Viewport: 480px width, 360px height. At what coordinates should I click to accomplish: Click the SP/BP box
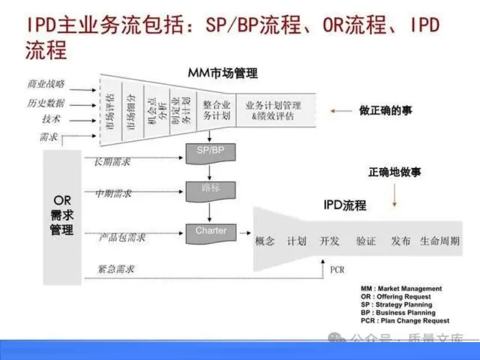[x=209, y=151]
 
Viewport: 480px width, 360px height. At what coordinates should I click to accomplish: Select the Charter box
[x=211, y=232]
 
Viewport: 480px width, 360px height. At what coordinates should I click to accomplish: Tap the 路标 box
[x=210, y=189]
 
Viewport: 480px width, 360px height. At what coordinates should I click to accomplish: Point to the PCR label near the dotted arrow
[x=337, y=269]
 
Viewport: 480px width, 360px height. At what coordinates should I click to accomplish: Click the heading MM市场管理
[x=222, y=73]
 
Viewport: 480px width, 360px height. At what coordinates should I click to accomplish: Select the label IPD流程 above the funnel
[x=344, y=205]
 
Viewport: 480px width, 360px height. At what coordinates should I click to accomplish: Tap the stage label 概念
[x=265, y=241]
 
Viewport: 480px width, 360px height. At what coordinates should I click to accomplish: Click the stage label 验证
[x=366, y=241]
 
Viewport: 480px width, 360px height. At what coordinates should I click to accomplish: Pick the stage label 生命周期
[x=440, y=241]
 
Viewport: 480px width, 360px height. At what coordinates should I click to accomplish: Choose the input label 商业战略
[x=46, y=84]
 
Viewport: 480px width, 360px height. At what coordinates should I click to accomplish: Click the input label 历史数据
[x=46, y=103]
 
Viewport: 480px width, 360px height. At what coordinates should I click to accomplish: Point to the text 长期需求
[x=112, y=162]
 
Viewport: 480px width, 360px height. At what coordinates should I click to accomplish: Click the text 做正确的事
[x=386, y=110]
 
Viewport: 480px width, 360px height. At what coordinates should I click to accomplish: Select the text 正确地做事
[x=395, y=173]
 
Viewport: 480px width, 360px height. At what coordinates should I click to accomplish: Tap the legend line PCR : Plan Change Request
[x=404, y=321]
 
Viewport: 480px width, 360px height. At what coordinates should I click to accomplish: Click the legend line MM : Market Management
[x=401, y=288]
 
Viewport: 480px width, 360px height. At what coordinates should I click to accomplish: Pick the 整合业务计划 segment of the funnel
[x=217, y=110]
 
